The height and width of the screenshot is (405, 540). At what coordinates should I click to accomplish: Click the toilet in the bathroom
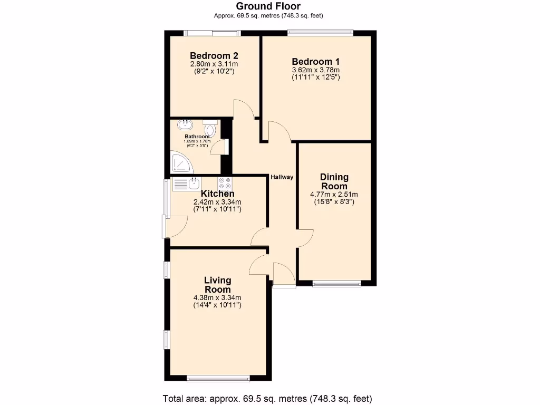pos(210,129)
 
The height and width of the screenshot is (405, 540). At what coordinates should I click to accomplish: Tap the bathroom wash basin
pos(186,125)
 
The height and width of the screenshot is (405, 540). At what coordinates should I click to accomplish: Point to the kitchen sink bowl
pos(194,184)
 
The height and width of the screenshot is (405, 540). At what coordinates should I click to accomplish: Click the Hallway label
pos(282,177)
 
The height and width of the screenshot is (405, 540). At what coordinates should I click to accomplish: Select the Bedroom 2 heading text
pos(214,55)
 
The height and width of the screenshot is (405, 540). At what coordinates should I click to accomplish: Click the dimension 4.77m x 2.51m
pos(334,194)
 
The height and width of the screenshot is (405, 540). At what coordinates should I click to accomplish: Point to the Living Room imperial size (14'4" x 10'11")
pos(217,305)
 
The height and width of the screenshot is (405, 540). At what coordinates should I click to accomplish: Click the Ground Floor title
pos(268,6)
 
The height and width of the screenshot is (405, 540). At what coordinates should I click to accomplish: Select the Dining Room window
pos(336,284)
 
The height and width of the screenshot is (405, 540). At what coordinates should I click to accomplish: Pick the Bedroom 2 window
pos(212,33)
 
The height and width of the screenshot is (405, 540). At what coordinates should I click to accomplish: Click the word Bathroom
pos(197,137)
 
